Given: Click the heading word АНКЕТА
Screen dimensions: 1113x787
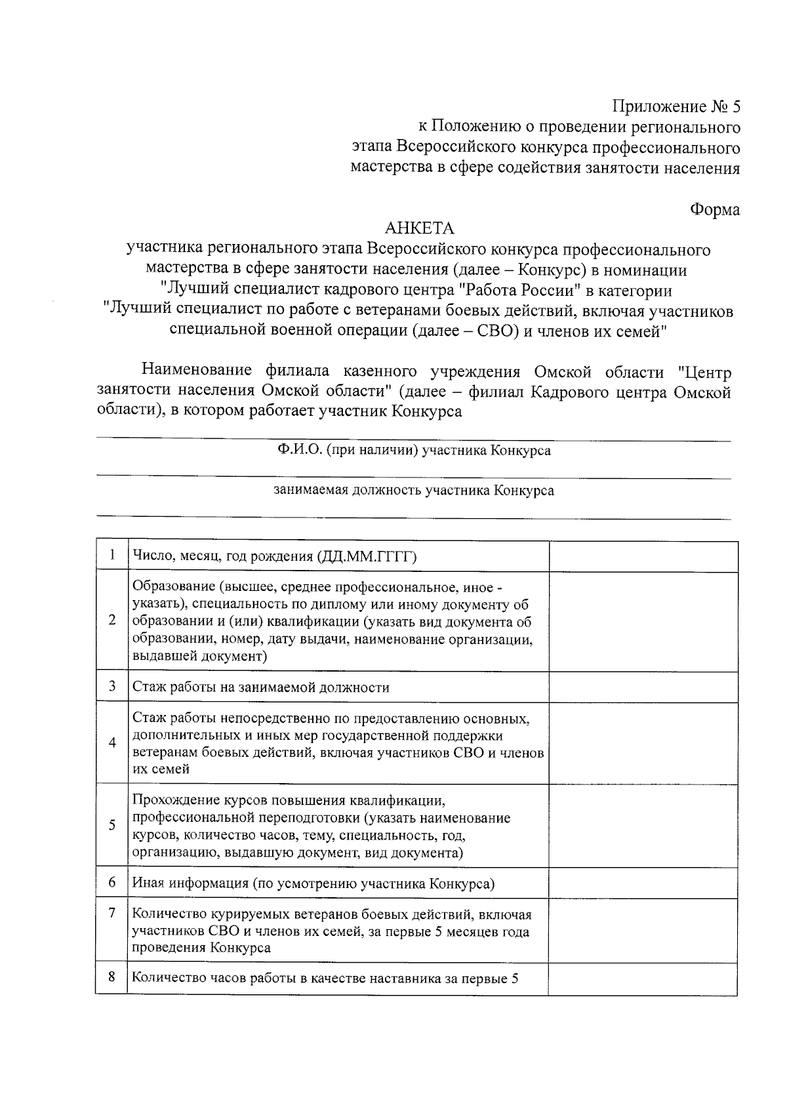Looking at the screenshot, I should click(419, 228).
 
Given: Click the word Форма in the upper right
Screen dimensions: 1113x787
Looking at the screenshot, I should click(714, 209).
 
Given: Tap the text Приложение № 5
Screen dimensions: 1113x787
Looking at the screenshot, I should click(676, 106).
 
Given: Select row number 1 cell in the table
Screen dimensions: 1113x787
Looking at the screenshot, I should click(112, 556).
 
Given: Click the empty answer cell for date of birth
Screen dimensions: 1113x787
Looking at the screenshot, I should click(643, 556).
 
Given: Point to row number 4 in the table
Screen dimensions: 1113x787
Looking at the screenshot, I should click(112, 742).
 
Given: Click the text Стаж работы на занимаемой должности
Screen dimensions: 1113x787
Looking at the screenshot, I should click(261, 687).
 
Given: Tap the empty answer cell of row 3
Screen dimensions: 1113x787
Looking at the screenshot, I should click(643, 687).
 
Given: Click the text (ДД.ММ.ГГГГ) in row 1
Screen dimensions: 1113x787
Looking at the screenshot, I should click(367, 557).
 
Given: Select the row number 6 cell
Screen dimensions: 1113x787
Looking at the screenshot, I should click(112, 882).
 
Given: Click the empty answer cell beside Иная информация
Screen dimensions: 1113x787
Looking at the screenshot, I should click(643, 883).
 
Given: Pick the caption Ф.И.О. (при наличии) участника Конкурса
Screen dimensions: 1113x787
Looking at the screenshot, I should click(414, 451).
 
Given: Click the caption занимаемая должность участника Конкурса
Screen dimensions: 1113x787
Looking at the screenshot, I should click(414, 491).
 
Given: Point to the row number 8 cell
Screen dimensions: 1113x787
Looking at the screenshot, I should click(112, 977).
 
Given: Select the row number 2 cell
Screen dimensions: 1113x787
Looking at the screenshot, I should click(112, 620).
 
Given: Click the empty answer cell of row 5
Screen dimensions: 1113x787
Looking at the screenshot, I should click(643, 825).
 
